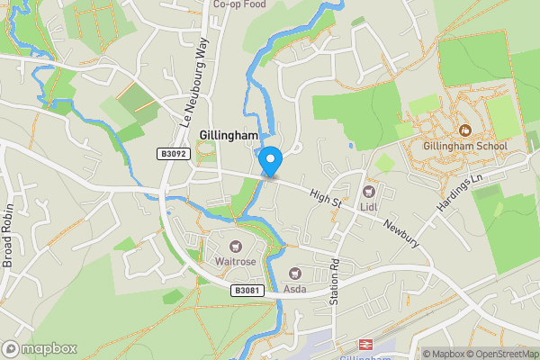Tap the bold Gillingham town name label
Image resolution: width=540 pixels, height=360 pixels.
(228, 135)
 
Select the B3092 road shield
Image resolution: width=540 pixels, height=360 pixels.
(174, 155)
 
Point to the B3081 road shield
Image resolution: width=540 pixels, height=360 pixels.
(246, 290)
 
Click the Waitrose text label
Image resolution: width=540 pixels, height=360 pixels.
(235, 262)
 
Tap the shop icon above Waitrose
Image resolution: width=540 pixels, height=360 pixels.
(235, 247)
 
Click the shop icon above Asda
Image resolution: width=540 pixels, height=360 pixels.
(294, 273)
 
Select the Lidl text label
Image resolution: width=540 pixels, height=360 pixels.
(368, 207)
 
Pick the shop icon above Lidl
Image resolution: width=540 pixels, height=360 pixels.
(368, 192)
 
